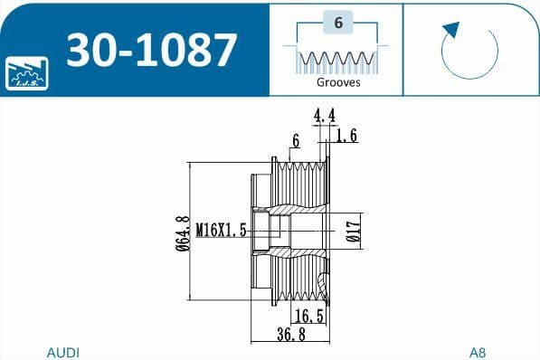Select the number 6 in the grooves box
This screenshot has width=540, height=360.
[x=337, y=25]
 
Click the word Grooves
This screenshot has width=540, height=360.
[x=338, y=81]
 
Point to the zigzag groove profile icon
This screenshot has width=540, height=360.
[x=337, y=60]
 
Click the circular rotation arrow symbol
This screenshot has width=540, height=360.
[x=470, y=51]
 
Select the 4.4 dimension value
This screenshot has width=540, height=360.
[x=325, y=115]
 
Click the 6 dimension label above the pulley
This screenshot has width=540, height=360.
[x=295, y=140]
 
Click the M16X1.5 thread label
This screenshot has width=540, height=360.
[x=222, y=232]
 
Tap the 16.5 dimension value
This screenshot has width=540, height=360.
[x=310, y=316]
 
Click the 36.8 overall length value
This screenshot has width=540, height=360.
[x=290, y=335]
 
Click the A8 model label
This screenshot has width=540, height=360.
[x=477, y=351]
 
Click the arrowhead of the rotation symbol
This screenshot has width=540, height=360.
[x=450, y=31]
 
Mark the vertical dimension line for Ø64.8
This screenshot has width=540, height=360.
[x=189, y=232]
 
